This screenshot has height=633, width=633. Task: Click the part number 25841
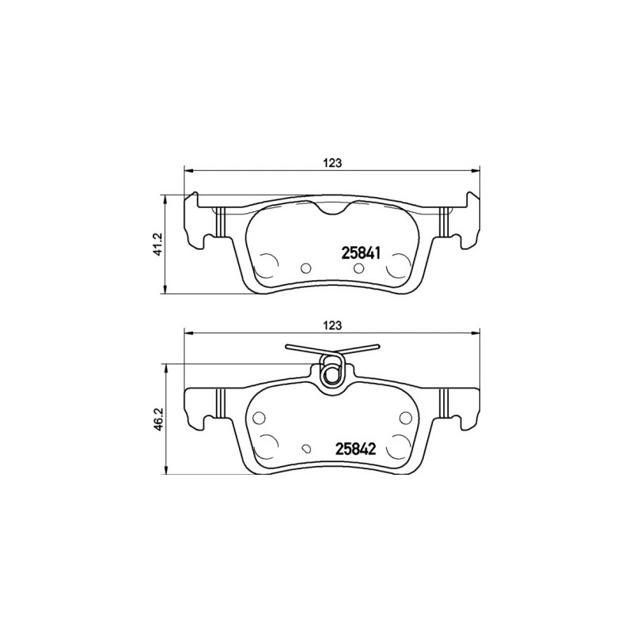[362, 253]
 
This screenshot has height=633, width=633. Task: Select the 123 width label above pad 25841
[332, 162]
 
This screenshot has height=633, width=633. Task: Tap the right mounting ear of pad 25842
[472, 407]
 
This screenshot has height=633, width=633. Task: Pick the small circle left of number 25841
[305, 267]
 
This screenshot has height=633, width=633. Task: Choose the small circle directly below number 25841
[358, 270]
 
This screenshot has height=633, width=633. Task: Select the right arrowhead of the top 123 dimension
[476, 169]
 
